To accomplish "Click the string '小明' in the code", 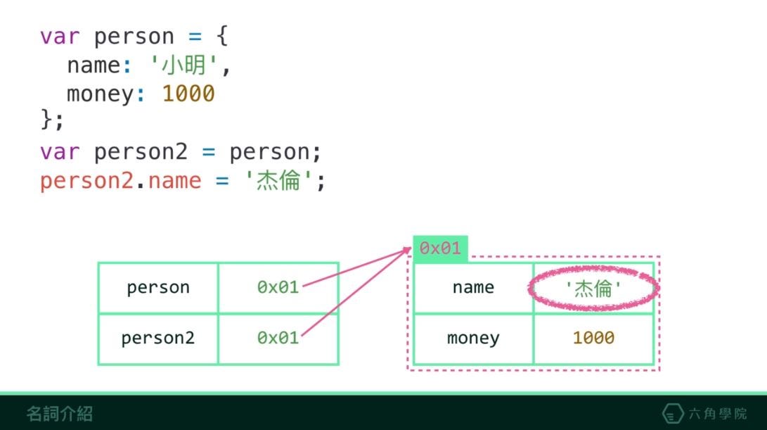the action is coord(186,65).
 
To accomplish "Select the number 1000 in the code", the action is coord(188,94).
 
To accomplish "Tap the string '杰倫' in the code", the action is coord(279,181).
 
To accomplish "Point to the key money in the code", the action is coord(101,94).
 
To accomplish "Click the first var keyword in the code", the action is coord(60,36).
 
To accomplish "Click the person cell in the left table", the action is coord(158,288).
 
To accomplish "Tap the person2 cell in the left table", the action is coord(158,339).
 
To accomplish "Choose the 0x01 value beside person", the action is coord(278,288).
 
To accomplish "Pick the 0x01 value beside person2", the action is coord(278,339).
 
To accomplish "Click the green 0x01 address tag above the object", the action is coord(440,248).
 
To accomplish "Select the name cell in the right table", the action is coord(473,288).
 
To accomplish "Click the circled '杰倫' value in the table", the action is coord(593,288).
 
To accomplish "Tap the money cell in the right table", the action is coord(473,339).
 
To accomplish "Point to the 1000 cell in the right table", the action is coord(593,339).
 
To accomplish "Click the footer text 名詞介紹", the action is coord(60,414).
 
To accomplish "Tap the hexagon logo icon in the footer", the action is coord(673,414).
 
